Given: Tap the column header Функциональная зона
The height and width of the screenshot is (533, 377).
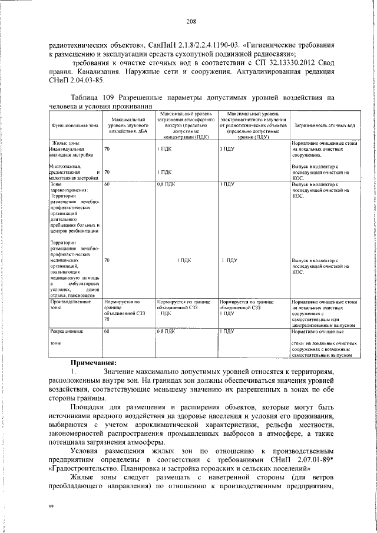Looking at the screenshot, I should coord(74,126).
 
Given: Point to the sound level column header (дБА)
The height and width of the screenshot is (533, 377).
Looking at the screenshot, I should coord(128,126).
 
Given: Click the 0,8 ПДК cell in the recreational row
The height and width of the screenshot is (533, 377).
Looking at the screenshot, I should coord(167,332).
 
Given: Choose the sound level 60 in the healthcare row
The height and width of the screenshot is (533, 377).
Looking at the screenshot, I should coord(107,184).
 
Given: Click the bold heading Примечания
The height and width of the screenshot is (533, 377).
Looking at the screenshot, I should coord(94,363).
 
